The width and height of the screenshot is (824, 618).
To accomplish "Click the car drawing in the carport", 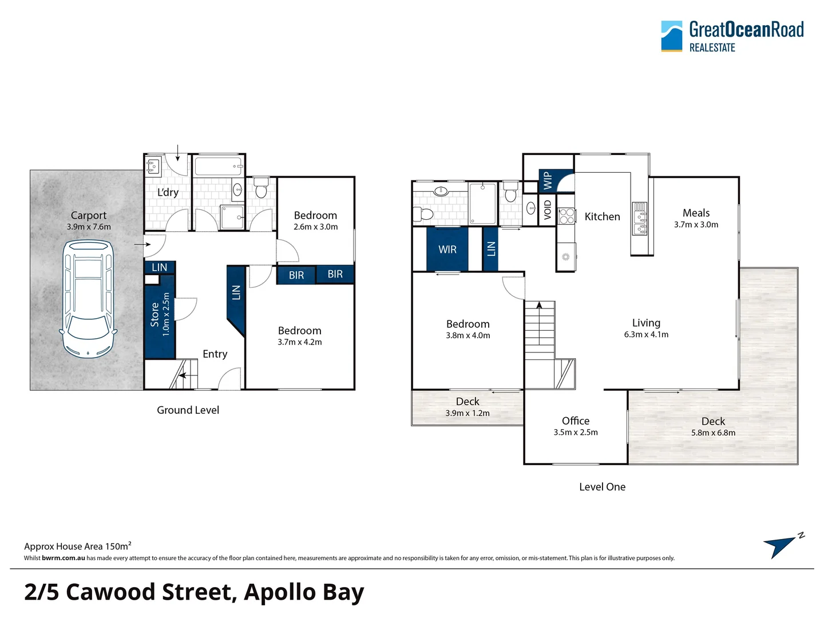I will [x=88, y=298].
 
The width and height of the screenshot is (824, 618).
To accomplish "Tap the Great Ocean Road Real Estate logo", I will [x=732, y=37].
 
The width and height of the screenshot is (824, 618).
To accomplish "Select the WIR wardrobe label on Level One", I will [x=447, y=249].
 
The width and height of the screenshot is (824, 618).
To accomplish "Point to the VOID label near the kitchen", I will [x=548, y=209].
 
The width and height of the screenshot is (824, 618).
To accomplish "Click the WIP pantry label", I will [x=548, y=180].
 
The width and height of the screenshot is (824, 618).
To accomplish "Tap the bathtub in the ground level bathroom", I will [x=218, y=167].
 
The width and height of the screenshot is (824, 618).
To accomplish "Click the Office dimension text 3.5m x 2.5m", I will [x=575, y=433].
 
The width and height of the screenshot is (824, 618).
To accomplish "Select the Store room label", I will [x=154, y=315].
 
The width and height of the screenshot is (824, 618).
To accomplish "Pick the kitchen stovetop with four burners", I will [x=566, y=216].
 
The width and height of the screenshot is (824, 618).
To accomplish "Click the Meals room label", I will [x=696, y=213].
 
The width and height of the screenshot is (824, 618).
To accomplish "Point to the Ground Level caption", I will [x=188, y=410].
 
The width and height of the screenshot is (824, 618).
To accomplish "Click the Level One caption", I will [x=602, y=487].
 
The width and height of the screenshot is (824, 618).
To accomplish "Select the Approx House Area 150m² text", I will [x=78, y=546].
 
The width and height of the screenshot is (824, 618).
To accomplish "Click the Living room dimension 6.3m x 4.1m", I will [x=646, y=335].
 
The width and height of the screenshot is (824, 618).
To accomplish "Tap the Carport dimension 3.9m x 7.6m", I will [x=89, y=227].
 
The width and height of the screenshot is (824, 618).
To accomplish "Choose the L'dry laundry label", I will [x=168, y=192].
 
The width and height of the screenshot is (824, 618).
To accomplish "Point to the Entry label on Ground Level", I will [x=215, y=354].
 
